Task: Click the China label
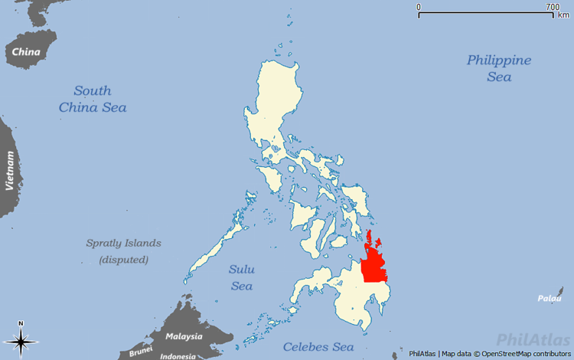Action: point(26,52)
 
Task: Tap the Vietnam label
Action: point(10,171)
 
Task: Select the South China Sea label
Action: point(93,99)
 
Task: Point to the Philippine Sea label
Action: point(499,68)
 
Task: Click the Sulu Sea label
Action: point(242,277)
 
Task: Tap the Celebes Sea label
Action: point(318,347)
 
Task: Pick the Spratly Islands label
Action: point(123,243)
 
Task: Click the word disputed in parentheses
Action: point(123,260)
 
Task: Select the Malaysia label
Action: point(184,336)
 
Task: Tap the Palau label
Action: point(549,298)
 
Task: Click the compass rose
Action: point(21,342)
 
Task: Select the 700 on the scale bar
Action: point(552,7)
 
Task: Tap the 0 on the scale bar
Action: point(419,7)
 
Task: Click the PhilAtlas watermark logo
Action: point(532,339)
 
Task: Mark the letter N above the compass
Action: point(21,323)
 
